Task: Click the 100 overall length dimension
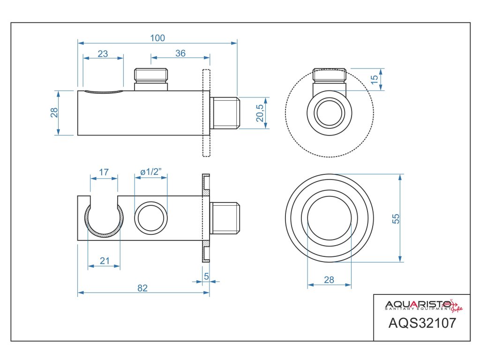pyautogui.click(x=157, y=38)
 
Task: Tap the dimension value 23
pyautogui.click(x=103, y=53)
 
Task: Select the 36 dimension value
pyautogui.click(x=180, y=53)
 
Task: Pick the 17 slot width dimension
pyautogui.click(x=104, y=172)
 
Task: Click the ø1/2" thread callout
pyautogui.click(x=151, y=172)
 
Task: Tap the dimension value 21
pyautogui.click(x=104, y=262)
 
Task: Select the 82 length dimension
pyautogui.click(x=142, y=288)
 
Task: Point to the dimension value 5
pyautogui.click(x=206, y=277)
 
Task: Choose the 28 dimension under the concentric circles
pyautogui.click(x=329, y=280)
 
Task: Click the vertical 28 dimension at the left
pyautogui.click(x=54, y=112)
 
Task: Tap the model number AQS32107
pyautogui.click(x=422, y=323)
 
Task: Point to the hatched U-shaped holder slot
pyautogui.click(x=104, y=220)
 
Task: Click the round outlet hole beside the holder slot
pyautogui.click(x=150, y=218)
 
